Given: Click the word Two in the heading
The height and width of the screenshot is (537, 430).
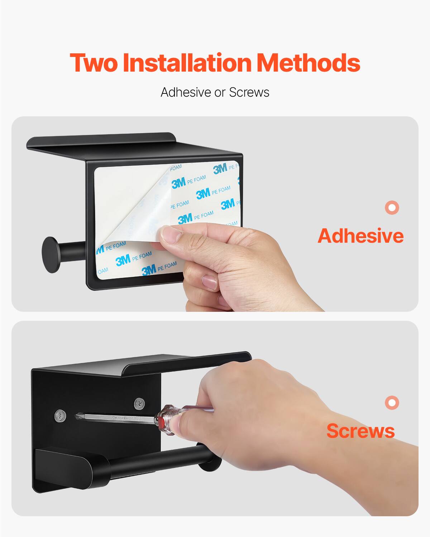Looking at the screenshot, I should (94, 63).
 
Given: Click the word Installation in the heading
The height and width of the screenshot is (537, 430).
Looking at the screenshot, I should (187, 63).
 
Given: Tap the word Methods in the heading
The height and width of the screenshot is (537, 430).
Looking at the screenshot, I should (308, 63).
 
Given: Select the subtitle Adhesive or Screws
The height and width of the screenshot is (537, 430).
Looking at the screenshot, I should (215, 92).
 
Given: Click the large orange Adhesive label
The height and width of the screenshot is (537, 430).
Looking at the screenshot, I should (360, 236).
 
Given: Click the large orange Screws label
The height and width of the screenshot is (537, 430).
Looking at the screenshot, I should (360, 431).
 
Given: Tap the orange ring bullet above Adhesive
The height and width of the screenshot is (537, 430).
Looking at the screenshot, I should (392, 207).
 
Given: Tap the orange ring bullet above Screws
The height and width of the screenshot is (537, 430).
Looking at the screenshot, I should (392, 402).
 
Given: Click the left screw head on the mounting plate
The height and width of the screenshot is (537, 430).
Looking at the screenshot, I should (61, 416).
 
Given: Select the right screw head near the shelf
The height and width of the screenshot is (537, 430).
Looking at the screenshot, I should (139, 404).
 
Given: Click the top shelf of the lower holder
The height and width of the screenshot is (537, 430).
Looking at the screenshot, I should (186, 362).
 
